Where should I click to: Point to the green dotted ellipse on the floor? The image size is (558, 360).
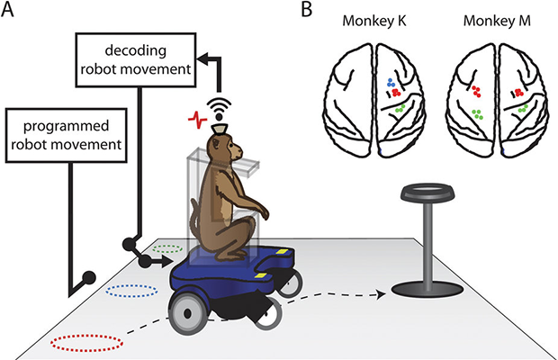click(168, 246)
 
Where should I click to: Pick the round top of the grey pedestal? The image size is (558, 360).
click(428, 191)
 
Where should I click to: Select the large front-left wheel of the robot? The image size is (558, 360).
click(191, 311)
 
